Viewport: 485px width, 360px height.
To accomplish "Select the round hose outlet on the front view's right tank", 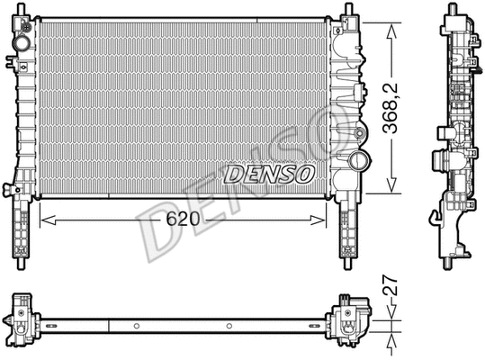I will click(358, 163).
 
